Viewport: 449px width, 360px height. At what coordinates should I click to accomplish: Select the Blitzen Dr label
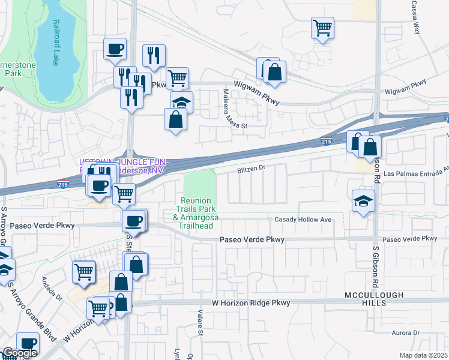point(251,169)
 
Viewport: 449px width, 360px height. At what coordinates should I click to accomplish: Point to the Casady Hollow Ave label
point(303,220)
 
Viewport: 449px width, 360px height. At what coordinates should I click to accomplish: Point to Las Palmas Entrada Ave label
point(415,173)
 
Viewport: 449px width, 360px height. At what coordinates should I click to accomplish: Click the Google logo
point(19,353)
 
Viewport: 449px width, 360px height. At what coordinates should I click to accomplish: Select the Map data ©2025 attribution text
point(423,355)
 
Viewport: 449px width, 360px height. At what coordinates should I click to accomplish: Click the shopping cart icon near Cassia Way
point(323,28)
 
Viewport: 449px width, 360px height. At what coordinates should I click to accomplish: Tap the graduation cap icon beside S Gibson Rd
point(364,201)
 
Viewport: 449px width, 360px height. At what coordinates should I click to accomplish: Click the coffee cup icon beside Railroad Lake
point(115,49)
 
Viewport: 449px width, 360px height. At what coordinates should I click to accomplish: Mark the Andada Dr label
point(52,288)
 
